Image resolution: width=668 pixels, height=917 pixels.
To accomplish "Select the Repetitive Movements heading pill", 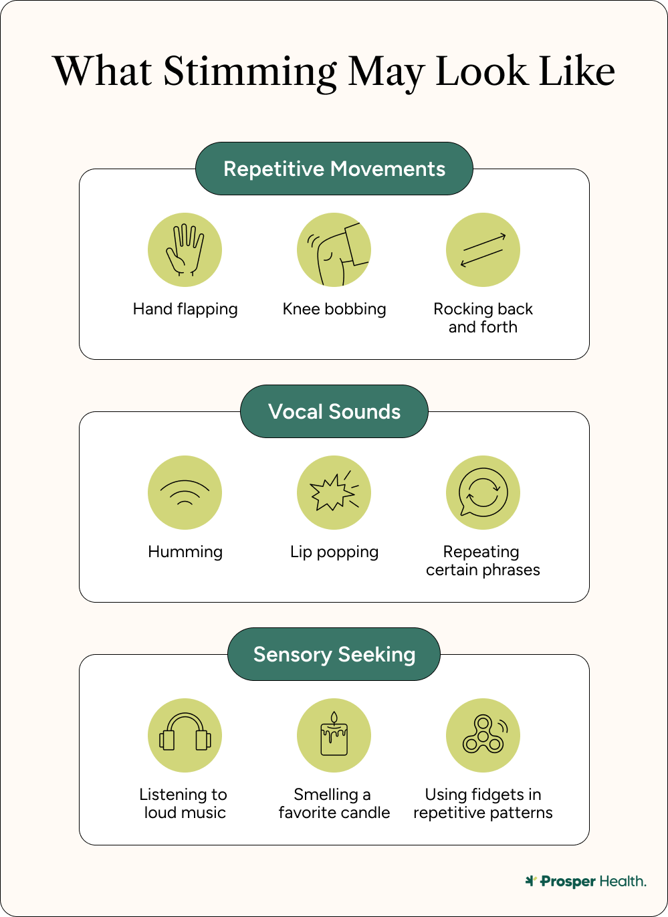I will (x=334, y=169).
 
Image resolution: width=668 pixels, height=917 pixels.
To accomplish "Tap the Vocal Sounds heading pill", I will (x=334, y=411).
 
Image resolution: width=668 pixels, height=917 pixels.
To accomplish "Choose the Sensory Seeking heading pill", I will (x=334, y=654).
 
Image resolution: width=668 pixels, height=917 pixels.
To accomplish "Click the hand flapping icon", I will (x=185, y=250).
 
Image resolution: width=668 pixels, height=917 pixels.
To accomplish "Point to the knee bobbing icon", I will (x=334, y=250).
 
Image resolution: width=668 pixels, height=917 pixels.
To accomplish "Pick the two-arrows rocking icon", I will (x=483, y=250).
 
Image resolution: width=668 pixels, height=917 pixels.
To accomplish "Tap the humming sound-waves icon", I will (x=185, y=493).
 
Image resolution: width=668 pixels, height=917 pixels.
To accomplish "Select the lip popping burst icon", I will (x=334, y=493).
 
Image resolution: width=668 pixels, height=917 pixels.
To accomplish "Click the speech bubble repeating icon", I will (x=483, y=493).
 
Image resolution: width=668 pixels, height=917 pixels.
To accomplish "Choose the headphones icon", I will (x=185, y=736).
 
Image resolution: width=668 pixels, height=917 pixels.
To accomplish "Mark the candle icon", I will (x=334, y=736).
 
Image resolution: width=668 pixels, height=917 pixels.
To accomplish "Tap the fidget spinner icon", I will (x=483, y=736).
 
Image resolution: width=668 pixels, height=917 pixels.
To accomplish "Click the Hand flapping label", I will (x=185, y=309).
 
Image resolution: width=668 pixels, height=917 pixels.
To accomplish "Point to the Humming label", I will (x=185, y=552).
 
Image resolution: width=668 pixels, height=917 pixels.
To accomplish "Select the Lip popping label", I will (x=334, y=552).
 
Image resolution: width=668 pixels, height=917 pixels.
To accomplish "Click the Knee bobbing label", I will (x=334, y=309).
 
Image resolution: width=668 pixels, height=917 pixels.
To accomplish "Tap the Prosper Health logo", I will (x=586, y=882).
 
